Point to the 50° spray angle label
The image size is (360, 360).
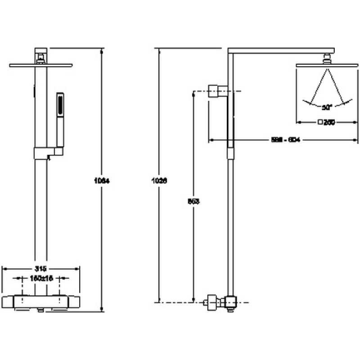point(327,107)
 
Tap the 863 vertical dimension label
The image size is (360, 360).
point(193,201)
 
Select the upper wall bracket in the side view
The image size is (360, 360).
point(219,91)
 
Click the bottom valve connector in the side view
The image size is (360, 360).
point(220,302)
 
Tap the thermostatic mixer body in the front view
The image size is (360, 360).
point(41,301)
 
